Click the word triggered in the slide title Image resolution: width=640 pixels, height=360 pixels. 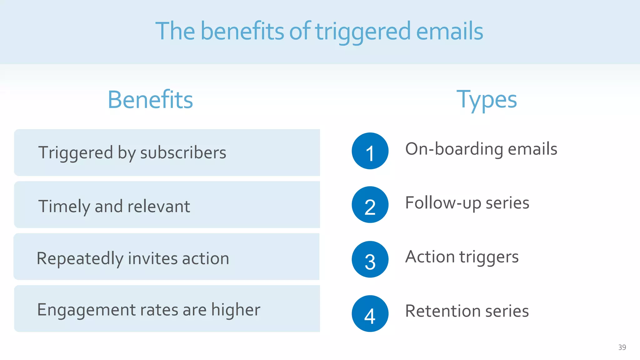pyautogui.click(x=362, y=32)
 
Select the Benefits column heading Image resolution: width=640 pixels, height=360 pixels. pyautogui.click(x=150, y=100)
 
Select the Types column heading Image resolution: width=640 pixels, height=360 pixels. pyautogui.click(x=487, y=100)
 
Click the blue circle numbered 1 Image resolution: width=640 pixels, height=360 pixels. pyautogui.click(x=370, y=151)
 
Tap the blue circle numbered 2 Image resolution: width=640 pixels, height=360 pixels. pyautogui.click(x=370, y=205)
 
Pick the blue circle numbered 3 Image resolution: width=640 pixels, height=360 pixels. pyautogui.click(x=370, y=259)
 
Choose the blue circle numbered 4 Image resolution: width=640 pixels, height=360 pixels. pyautogui.click(x=370, y=313)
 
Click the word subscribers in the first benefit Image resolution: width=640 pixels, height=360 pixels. pyautogui.click(x=183, y=153)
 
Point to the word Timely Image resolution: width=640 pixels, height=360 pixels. pyautogui.click(x=64, y=207)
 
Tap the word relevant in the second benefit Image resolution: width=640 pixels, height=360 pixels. pyautogui.click(x=158, y=207)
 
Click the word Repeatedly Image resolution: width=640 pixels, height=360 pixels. pyautogui.click(x=80, y=259)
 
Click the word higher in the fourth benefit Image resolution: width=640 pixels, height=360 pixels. pyautogui.click(x=236, y=310)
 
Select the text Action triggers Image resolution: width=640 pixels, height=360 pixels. pyautogui.click(x=462, y=257)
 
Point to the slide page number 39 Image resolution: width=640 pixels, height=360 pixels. pyautogui.click(x=622, y=347)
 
